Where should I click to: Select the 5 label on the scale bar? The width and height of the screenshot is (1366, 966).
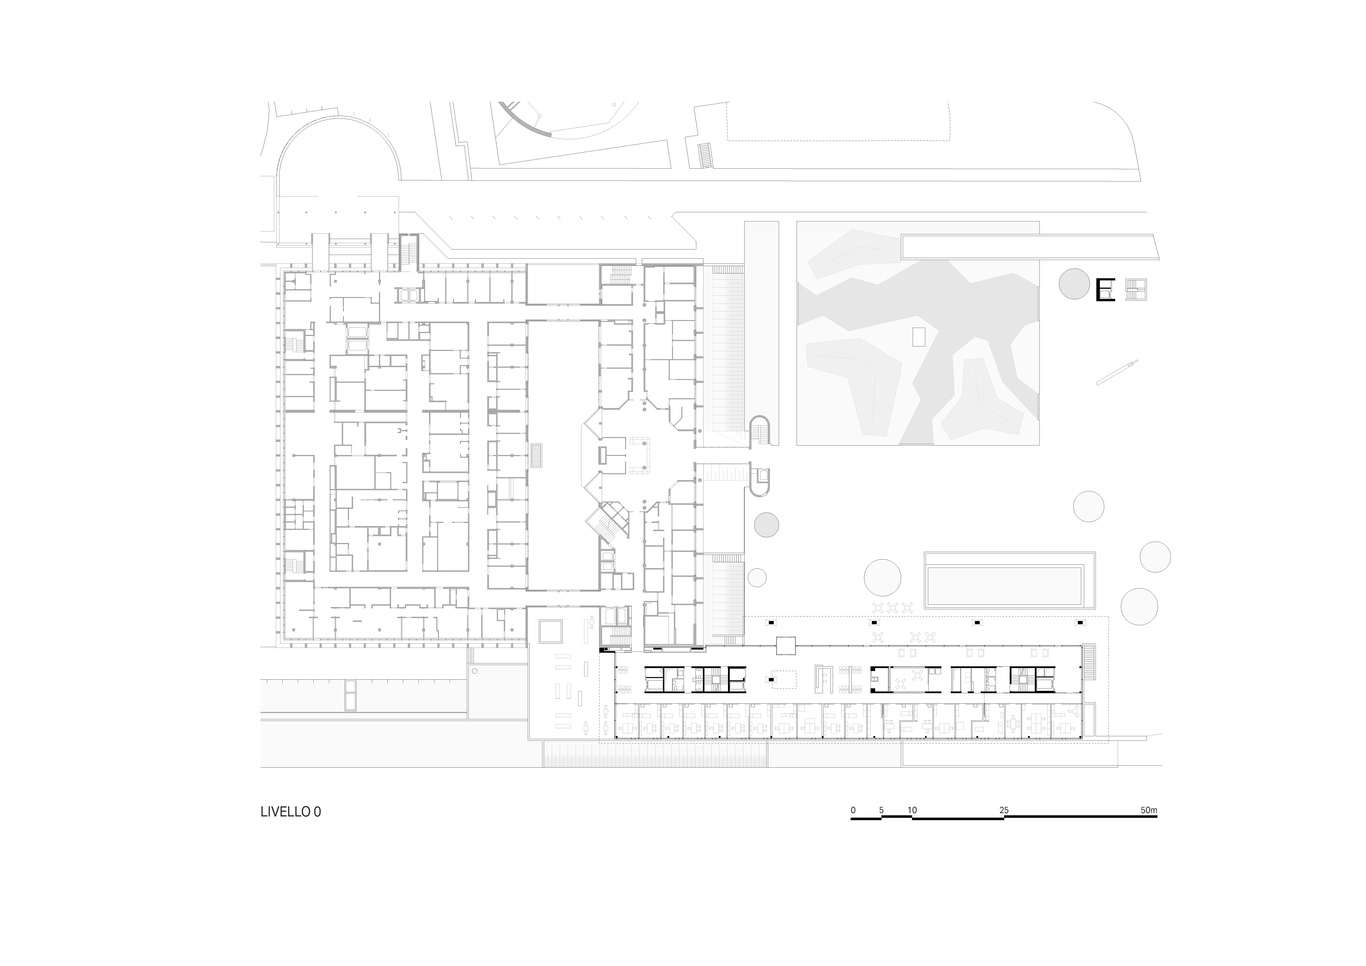[x=881, y=810]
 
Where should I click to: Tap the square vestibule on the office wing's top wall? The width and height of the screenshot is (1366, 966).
[x=785, y=646]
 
